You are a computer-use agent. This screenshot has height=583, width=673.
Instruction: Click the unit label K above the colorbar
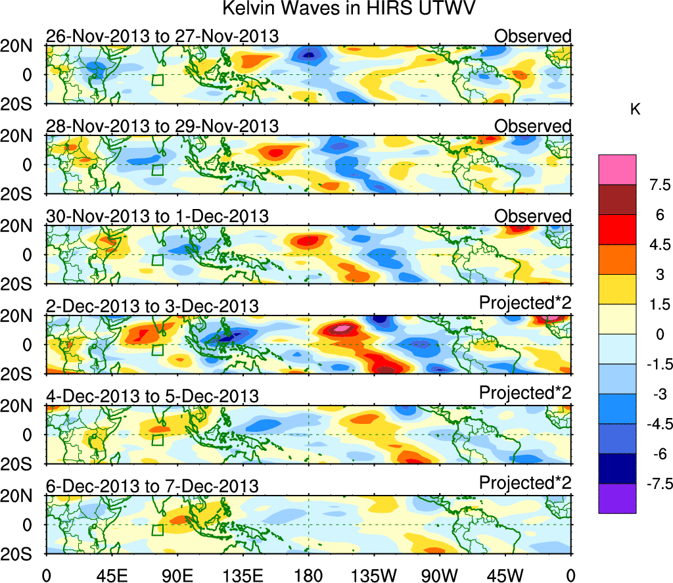point(635,110)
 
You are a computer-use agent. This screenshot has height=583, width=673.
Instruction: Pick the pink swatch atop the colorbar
point(617,170)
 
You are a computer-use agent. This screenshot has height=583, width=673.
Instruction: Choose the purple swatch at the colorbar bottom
point(617,498)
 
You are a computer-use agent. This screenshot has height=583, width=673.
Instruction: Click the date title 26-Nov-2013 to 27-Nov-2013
point(162,36)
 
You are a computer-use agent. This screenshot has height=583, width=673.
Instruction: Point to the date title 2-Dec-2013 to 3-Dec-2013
point(152,306)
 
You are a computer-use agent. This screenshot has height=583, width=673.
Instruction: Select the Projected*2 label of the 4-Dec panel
point(525,392)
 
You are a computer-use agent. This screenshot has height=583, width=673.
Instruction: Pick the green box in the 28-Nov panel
point(157,170)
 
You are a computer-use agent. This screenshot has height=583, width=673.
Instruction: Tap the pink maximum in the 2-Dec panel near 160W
point(341,327)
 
